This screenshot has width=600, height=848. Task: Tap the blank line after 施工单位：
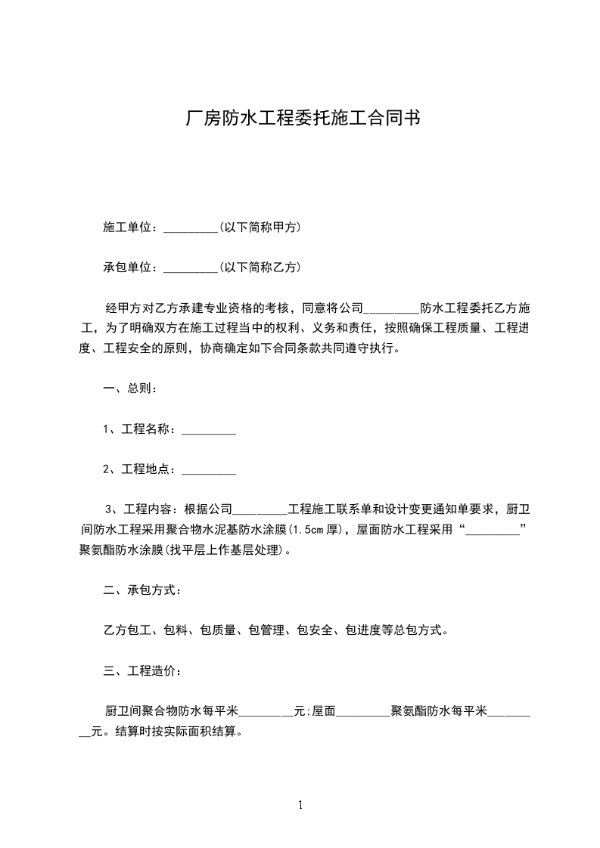click(x=191, y=227)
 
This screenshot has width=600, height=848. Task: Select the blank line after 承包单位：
click(x=191, y=268)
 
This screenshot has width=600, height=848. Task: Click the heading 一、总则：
click(x=130, y=388)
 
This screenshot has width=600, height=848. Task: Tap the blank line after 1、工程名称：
click(x=210, y=429)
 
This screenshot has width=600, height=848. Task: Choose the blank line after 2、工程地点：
click(x=210, y=469)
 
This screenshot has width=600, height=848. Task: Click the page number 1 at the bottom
click(x=300, y=805)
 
